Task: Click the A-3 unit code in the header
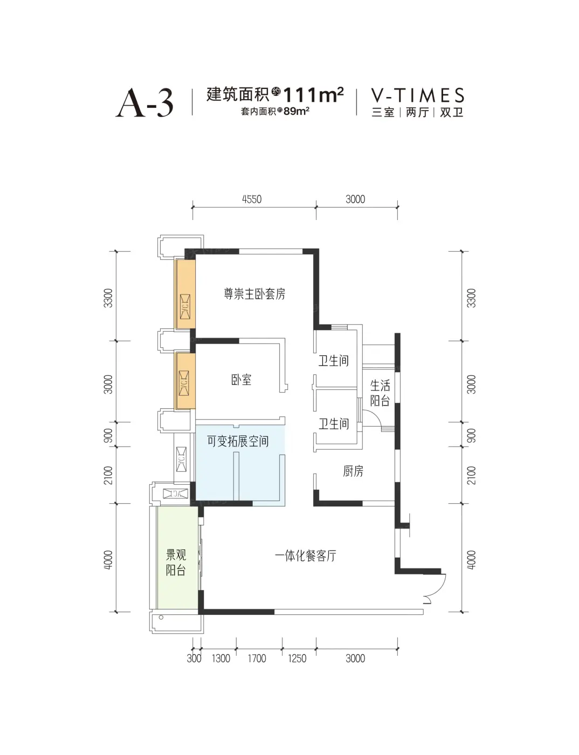pos(144,103)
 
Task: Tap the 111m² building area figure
pos(314,95)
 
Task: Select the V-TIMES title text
pos(417,95)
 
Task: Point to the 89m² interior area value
pos(297,111)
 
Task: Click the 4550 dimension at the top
pos(252,200)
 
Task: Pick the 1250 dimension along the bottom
pos(297,658)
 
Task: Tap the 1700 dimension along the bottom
pos(257,658)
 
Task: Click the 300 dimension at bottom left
pos(194,658)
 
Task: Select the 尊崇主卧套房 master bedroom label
pos(254,294)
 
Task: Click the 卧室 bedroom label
pos(241,380)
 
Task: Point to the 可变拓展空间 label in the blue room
pos(238,441)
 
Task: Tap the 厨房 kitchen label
pos(353,471)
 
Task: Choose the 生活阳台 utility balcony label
pos(380,393)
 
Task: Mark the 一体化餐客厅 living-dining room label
pos(306,556)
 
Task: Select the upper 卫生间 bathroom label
pos(334,361)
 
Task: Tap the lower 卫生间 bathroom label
pos(334,424)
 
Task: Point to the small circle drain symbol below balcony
pos(161,617)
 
